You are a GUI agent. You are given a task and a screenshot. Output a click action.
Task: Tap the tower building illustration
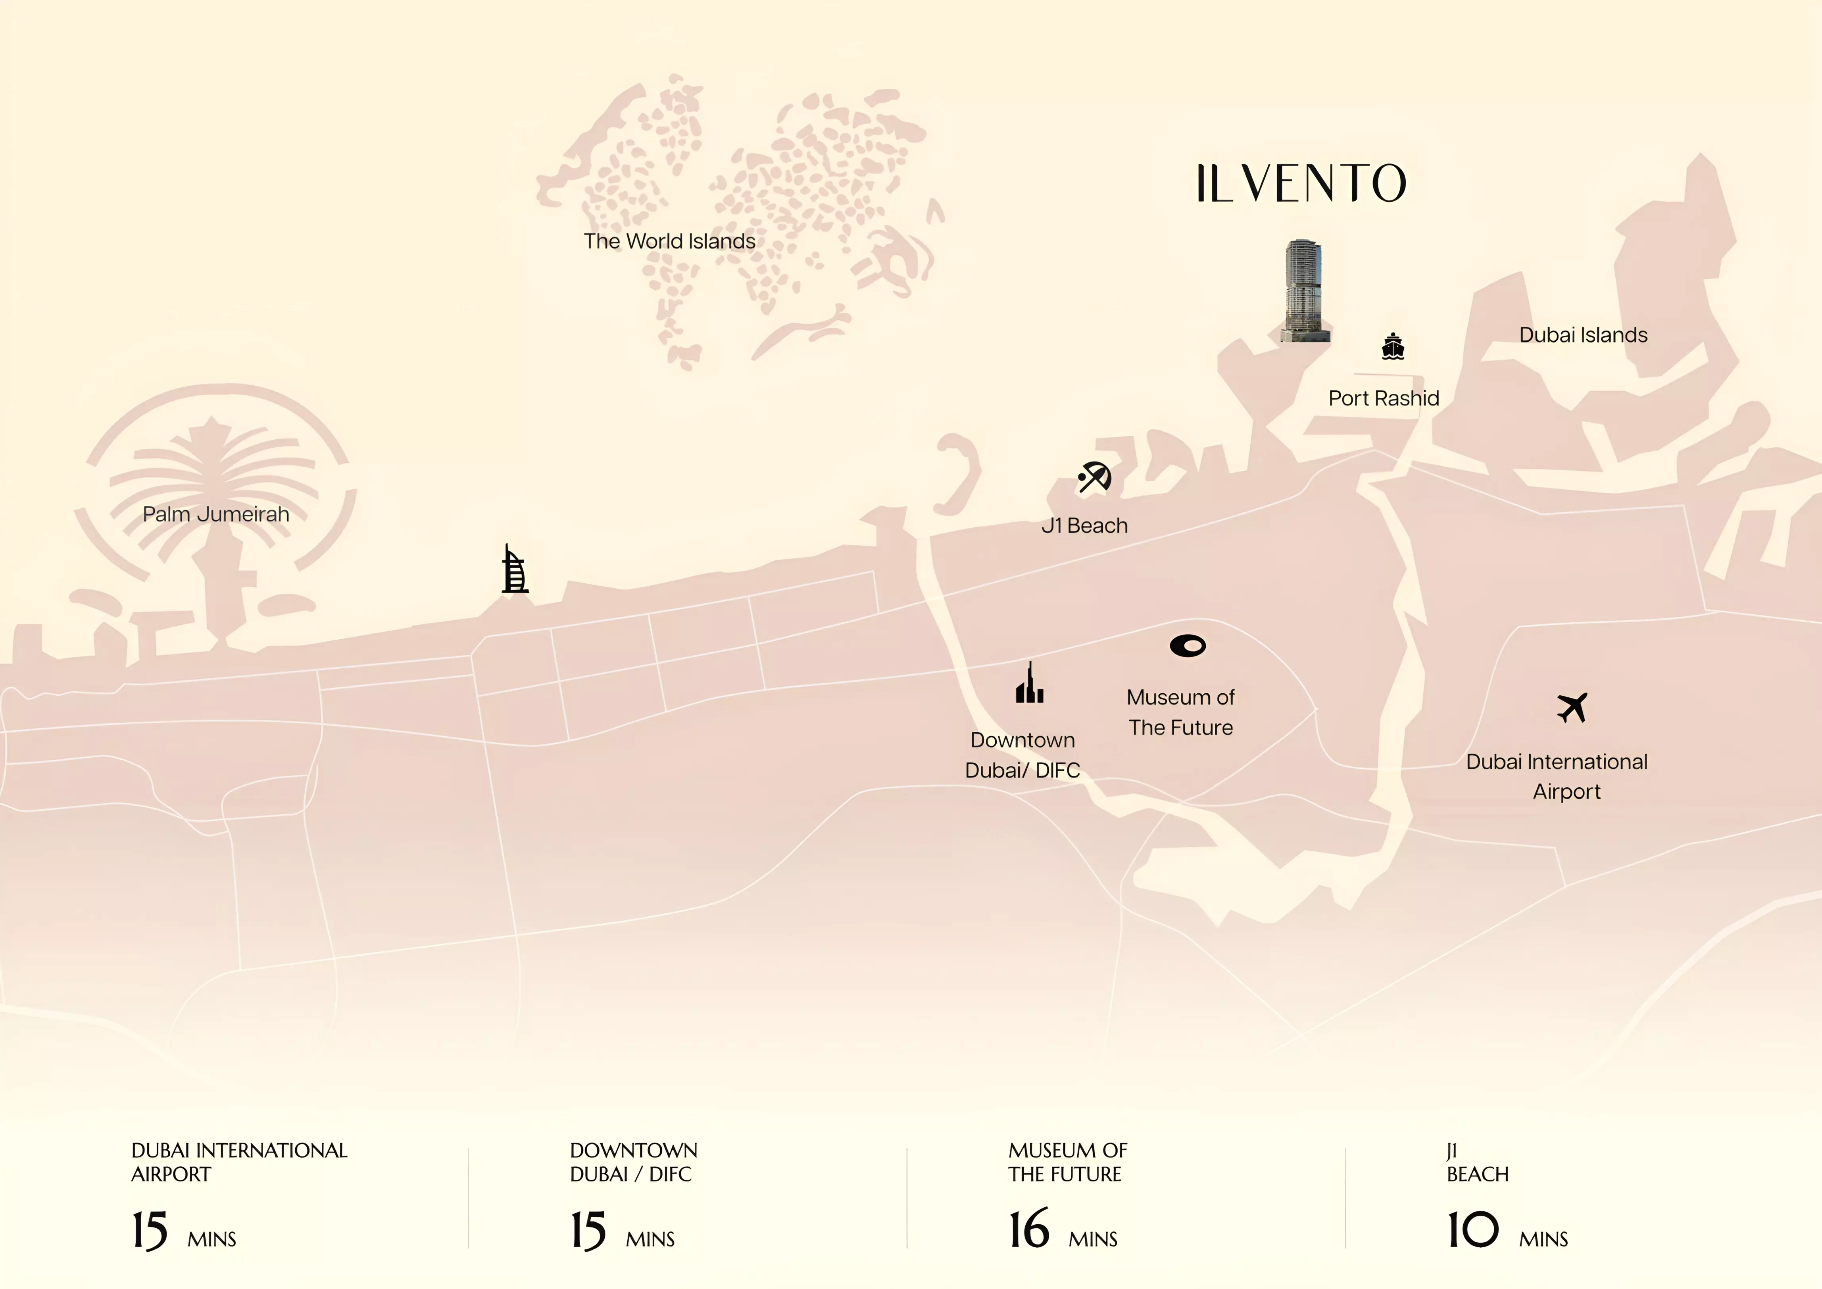pos(1303,291)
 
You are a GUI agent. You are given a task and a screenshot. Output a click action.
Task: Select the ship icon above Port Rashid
pos(1393,347)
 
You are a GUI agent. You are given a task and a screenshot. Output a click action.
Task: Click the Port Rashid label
pos(1383,398)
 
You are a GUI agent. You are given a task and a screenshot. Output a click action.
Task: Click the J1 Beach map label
pos(1084,525)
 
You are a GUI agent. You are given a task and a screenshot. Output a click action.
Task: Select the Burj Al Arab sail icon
pos(514,570)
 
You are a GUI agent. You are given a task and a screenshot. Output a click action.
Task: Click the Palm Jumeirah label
pos(216,514)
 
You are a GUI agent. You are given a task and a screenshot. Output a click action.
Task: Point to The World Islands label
pos(669,241)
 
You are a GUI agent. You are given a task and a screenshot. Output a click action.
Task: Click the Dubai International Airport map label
pos(1556,776)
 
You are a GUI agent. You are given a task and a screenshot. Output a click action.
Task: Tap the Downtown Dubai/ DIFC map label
pos(1022,755)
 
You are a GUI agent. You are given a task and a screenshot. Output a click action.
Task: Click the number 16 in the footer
pos(1028,1230)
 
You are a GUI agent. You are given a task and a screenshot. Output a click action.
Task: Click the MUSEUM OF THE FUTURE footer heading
pos(1067,1162)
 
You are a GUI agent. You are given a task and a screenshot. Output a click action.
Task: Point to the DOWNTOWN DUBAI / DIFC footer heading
pos(633,1162)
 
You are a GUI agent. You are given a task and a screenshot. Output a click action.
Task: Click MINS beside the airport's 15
pos(212,1239)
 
